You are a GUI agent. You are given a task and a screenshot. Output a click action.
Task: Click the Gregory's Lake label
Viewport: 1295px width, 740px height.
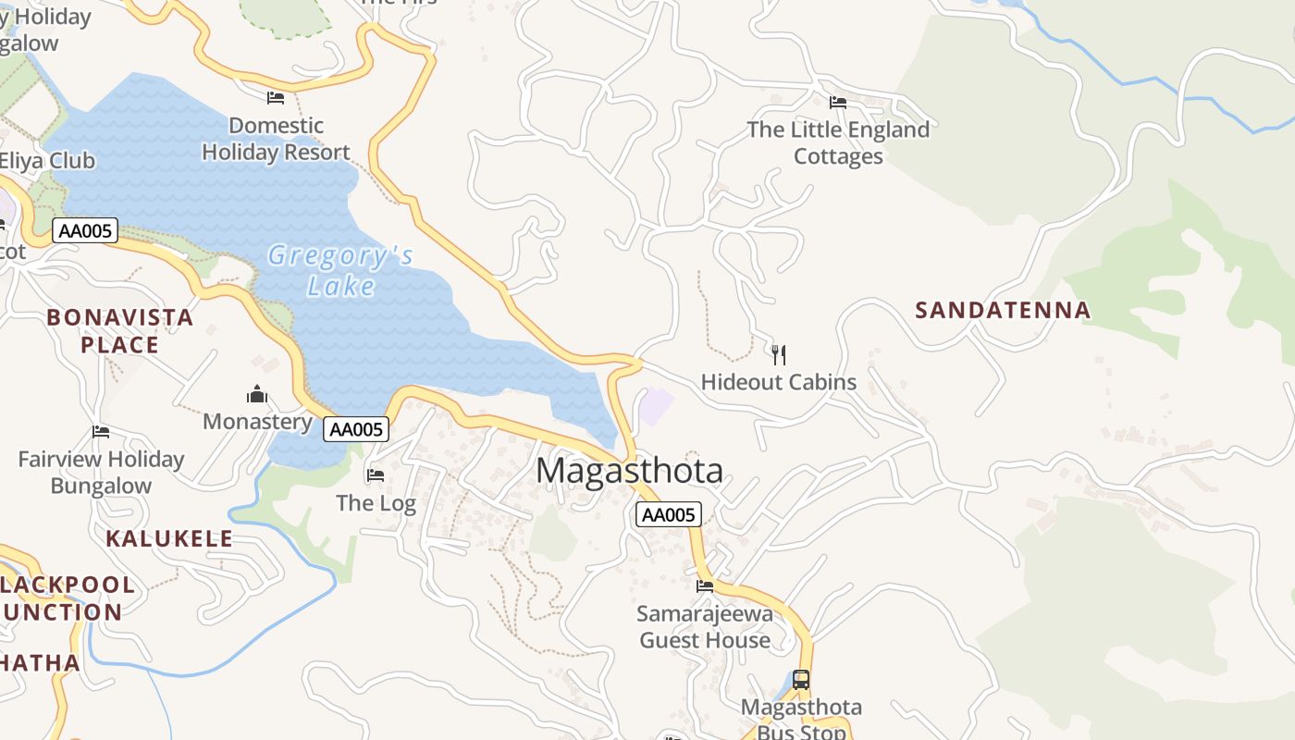tap(339, 270)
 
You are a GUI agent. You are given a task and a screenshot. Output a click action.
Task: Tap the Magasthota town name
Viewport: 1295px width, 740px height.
tap(629, 471)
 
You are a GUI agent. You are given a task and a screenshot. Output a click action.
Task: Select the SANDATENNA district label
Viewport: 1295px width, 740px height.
tap(1003, 310)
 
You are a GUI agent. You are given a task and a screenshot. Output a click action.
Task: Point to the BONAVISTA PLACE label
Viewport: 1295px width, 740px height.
tap(120, 330)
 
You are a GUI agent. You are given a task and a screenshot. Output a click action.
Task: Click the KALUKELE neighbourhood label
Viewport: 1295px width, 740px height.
tap(169, 538)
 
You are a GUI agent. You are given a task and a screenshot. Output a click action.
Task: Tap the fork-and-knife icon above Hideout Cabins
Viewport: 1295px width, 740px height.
tap(779, 354)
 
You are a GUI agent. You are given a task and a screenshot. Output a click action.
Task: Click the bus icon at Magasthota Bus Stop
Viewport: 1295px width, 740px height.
tap(801, 680)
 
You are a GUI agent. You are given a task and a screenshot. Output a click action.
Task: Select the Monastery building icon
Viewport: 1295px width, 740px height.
tap(257, 395)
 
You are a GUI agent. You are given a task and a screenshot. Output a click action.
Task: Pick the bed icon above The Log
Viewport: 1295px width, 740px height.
tap(376, 475)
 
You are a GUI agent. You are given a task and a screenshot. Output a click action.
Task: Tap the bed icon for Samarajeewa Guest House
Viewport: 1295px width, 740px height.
tap(705, 586)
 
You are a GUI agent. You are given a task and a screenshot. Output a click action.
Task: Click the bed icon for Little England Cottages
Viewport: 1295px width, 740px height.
tap(838, 102)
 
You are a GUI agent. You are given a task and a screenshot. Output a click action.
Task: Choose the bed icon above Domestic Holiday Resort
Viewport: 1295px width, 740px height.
tap(276, 97)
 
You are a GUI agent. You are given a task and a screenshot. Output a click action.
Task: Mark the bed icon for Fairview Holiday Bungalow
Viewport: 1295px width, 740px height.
tap(101, 432)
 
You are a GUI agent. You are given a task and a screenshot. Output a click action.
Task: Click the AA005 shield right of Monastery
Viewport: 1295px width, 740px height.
tap(356, 429)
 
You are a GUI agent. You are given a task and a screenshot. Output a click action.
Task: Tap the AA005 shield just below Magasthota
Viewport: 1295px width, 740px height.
tap(668, 515)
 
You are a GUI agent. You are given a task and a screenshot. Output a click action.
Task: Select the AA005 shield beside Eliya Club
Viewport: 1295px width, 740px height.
tap(85, 230)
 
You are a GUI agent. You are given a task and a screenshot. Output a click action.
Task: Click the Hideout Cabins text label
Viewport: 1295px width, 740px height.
tap(778, 382)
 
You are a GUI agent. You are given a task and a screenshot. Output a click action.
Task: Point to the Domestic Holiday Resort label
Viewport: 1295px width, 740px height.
tap(276, 139)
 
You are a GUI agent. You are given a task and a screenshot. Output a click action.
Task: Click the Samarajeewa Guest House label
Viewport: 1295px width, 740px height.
tap(705, 626)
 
